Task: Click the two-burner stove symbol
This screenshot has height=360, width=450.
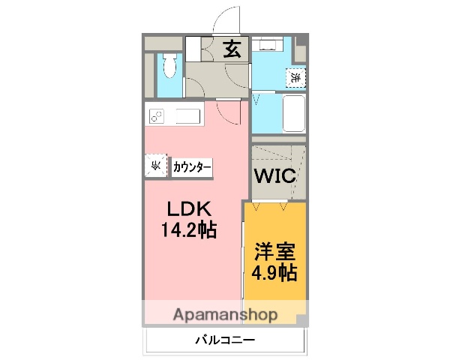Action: tap(158, 116)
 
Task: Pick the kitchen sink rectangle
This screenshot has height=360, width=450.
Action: tap(187, 116)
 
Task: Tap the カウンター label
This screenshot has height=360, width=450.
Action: tap(192, 166)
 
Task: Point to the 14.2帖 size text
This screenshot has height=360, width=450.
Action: tap(187, 230)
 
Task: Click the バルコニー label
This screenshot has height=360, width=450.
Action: tap(225, 340)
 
